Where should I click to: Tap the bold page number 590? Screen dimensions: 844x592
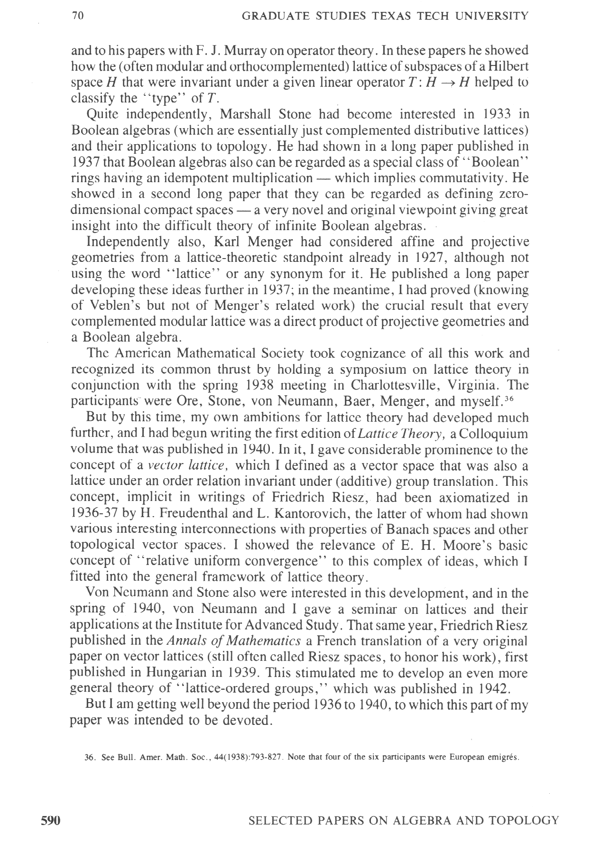[x=50, y=820]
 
